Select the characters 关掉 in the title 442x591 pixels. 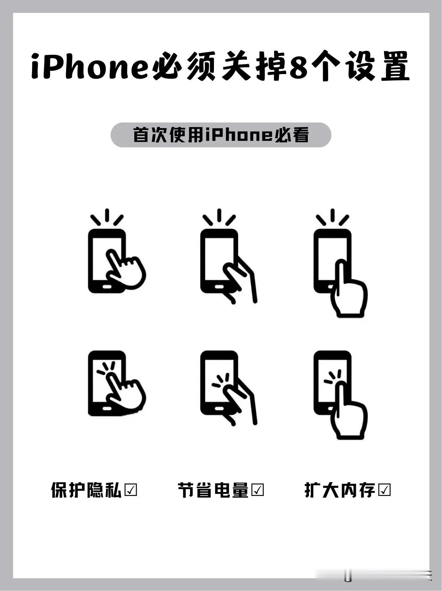pyautogui.click(x=254, y=67)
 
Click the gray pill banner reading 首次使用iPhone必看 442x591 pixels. pyautogui.click(x=221, y=135)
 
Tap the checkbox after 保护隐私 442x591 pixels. pyautogui.click(x=131, y=490)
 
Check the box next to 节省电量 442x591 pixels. pyautogui.click(x=258, y=490)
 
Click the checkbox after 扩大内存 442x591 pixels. pyautogui.click(x=385, y=490)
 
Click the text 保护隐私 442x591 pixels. pyautogui.click(x=86, y=490)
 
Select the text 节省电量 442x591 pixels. pyautogui.click(x=213, y=490)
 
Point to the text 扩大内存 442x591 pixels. pyautogui.click(x=340, y=490)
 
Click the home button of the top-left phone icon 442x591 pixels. pyautogui.click(x=106, y=286)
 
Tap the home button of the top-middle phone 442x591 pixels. pyautogui.click(x=219, y=286)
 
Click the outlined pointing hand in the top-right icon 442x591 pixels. pyautogui.click(x=348, y=292)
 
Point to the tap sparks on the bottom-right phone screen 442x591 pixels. pyautogui.click(x=333, y=377)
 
